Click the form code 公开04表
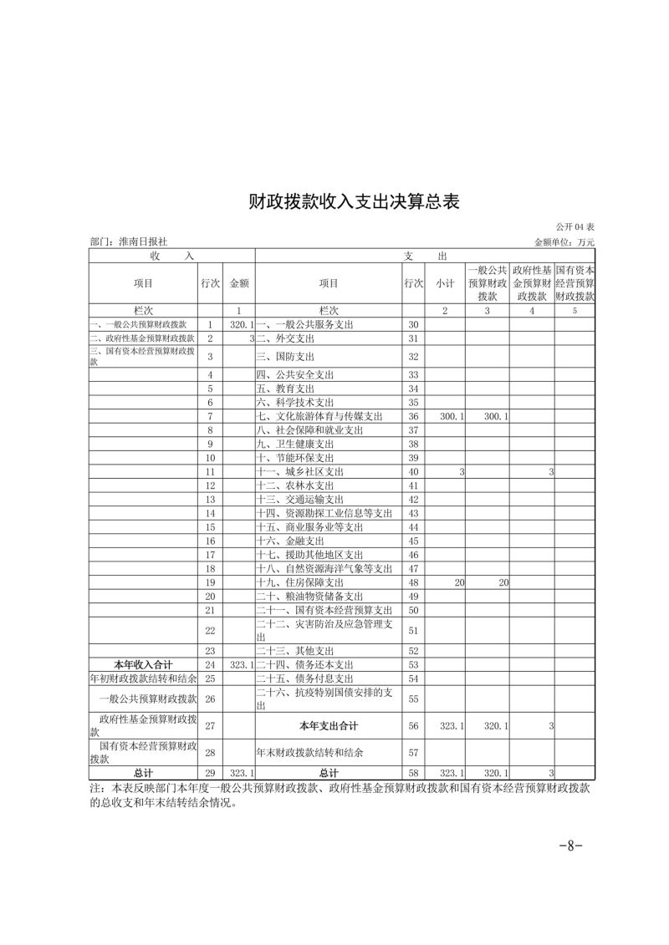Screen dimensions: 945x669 point(575,227)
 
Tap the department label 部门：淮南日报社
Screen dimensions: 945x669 point(129,242)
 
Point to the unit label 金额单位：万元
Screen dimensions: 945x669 point(564,242)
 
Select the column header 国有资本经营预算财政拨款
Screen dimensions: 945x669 point(575,283)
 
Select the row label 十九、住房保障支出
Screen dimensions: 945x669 point(300,582)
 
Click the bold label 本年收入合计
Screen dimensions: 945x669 point(143,663)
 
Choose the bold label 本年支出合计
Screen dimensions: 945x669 point(329,725)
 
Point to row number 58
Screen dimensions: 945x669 point(413,773)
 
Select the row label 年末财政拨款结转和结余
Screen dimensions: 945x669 point(310,752)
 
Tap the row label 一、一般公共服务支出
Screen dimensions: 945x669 point(300,324)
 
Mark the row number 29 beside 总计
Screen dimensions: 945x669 point(210,773)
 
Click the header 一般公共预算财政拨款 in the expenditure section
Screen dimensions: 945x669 point(488,283)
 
